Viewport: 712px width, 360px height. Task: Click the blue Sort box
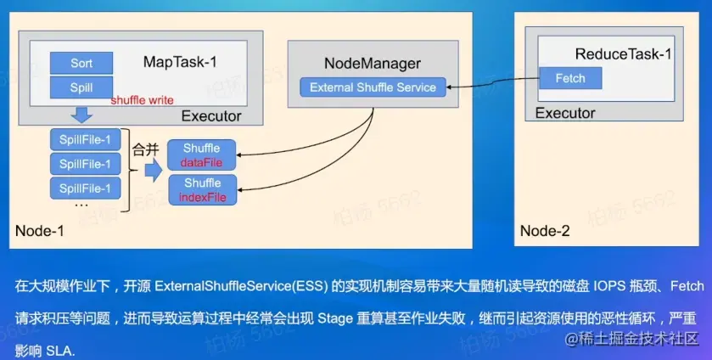click(81, 64)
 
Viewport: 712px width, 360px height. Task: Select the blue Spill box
click(81, 87)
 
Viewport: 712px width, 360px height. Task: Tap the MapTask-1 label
click(180, 61)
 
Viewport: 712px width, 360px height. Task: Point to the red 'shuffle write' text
click(142, 100)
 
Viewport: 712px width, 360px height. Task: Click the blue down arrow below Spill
click(81, 115)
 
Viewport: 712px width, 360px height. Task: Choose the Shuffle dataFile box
click(202, 155)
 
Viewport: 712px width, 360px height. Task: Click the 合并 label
click(145, 149)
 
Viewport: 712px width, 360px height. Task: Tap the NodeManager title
click(373, 64)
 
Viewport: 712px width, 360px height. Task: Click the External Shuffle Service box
click(373, 87)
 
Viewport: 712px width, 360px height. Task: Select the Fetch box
click(569, 78)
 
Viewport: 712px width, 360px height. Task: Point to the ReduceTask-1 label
click(623, 54)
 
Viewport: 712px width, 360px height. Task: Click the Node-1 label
click(40, 230)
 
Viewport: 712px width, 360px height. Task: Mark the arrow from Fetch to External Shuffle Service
click(492, 83)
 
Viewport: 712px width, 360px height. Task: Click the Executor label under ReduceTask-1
click(565, 114)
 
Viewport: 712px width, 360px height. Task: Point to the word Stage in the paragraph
click(336, 318)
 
